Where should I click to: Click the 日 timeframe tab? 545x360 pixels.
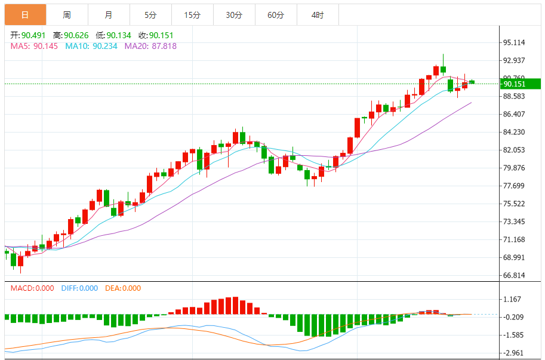pos(25,15)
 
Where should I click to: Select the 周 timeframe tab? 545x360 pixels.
pos(67,15)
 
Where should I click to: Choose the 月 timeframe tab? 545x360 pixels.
pos(108,15)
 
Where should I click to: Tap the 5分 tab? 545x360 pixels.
pos(150,15)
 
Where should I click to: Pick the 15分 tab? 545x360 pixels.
pos(192,15)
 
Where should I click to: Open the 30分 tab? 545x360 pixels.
pos(234,15)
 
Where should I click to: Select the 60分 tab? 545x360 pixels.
pos(276,15)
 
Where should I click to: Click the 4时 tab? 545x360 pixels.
pos(318,15)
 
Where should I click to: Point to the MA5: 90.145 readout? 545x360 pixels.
pos(34,46)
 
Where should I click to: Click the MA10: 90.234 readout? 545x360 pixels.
pos(91,46)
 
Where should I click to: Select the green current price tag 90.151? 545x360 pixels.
pos(514,84)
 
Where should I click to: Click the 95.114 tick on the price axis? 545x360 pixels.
pos(514,42)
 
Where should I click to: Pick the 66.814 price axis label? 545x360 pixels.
pos(514,275)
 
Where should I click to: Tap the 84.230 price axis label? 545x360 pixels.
pos(514,132)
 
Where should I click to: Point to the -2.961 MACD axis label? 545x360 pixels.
pos(514,353)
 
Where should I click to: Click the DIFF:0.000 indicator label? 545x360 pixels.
pos(79,288)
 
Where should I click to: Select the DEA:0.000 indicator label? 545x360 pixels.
pos(123,288)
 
